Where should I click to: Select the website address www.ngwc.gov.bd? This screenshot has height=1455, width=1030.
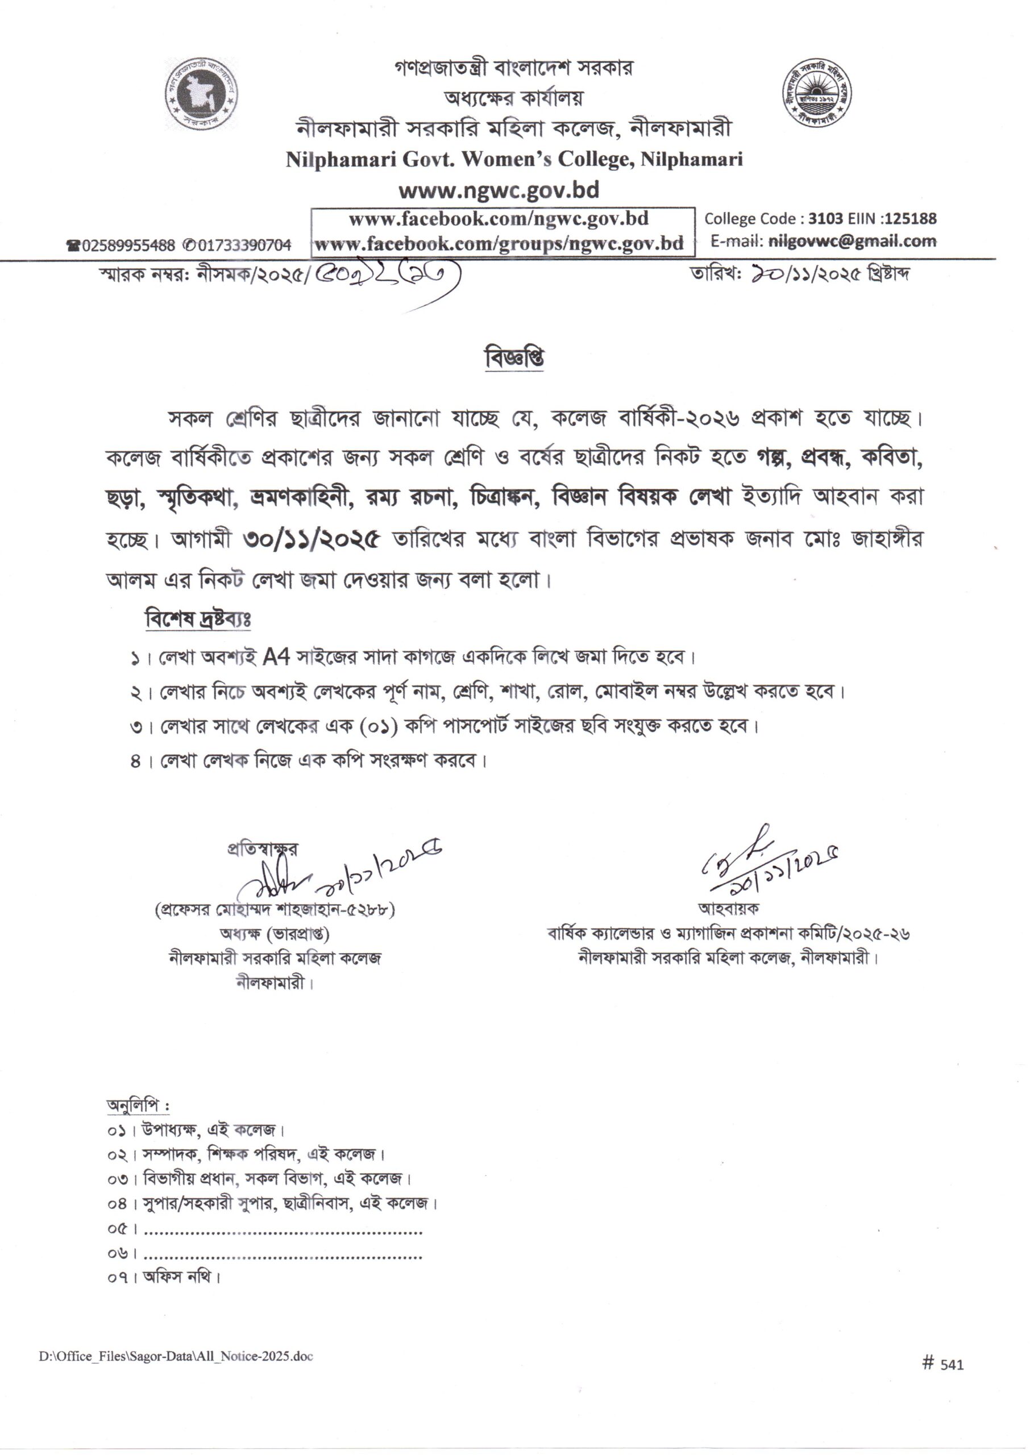[x=499, y=190]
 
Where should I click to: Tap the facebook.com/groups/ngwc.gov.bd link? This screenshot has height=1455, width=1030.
[x=499, y=243]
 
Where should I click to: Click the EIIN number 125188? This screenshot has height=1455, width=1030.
[x=911, y=219]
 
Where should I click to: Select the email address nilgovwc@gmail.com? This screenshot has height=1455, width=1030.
[x=852, y=241]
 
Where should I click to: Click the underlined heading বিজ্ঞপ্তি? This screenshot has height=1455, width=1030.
[x=514, y=358]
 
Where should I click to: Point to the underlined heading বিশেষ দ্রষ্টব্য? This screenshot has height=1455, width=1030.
[x=198, y=619]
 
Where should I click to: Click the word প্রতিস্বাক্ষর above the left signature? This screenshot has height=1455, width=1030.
[x=262, y=849]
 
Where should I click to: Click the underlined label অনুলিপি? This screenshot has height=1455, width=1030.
[x=137, y=1105]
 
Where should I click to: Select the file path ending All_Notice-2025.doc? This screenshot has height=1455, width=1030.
[x=176, y=1356]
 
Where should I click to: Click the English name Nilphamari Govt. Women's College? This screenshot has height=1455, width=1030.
[x=514, y=159]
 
